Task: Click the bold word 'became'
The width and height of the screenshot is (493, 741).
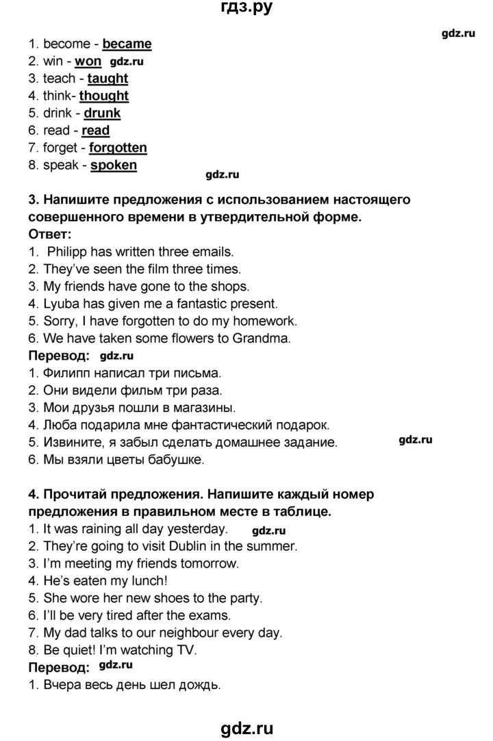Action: point(127,44)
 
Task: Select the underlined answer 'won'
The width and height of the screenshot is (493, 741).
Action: point(88,61)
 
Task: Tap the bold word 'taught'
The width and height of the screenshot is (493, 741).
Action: point(108,79)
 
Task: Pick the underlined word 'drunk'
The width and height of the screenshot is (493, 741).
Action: point(102,113)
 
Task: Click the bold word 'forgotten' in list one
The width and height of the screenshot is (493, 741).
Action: point(118,147)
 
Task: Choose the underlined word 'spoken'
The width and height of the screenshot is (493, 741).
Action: point(114,165)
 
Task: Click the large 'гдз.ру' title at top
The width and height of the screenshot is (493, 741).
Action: point(245,8)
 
